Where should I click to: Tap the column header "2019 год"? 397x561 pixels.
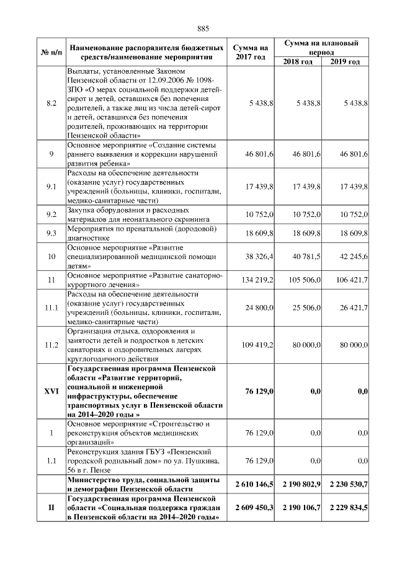(345, 61)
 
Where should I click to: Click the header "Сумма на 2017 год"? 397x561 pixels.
(250, 52)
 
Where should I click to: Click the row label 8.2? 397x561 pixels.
(51, 103)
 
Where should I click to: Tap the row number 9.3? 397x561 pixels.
(51, 232)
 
